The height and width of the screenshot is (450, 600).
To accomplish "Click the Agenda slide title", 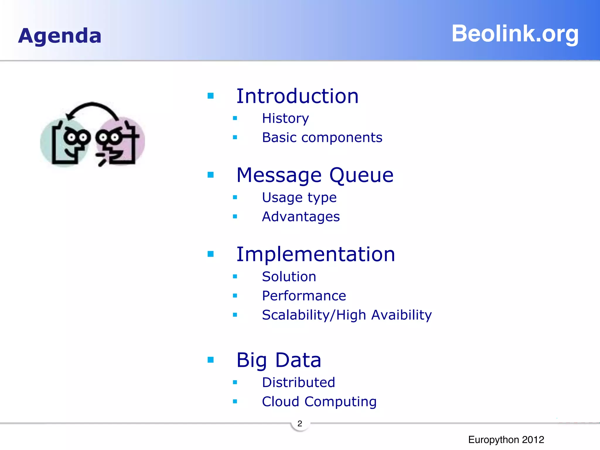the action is pyautogui.click(x=60, y=36).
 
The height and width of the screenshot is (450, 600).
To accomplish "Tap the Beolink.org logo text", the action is pyautogui.click(x=515, y=34).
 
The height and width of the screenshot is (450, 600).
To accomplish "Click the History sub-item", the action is pyautogui.click(x=285, y=118).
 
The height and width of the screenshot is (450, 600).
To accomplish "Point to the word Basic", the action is pyautogui.click(x=279, y=137).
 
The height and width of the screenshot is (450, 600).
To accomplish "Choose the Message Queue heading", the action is pyautogui.click(x=315, y=175).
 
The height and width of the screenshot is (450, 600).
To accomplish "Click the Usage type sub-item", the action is pyautogui.click(x=299, y=198).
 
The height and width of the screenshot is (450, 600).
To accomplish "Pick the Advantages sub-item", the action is pyautogui.click(x=301, y=217).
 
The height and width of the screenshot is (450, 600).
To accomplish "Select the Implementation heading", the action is pyautogui.click(x=316, y=254).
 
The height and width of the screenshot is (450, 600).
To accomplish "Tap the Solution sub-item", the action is pyautogui.click(x=289, y=277).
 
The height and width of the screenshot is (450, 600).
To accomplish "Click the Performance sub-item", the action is pyautogui.click(x=304, y=296).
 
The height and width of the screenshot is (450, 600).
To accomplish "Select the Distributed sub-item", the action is pyautogui.click(x=299, y=382).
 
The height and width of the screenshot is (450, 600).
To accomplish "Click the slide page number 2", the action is pyautogui.click(x=300, y=424).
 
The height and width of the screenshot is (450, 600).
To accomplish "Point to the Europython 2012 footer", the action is pyautogui.click(x=506, y=439).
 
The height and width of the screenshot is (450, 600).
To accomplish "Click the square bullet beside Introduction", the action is pyautogui.click(x=211, y=96).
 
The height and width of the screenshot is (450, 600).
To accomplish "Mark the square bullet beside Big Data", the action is pyautogui.click(x=211, y=360).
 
